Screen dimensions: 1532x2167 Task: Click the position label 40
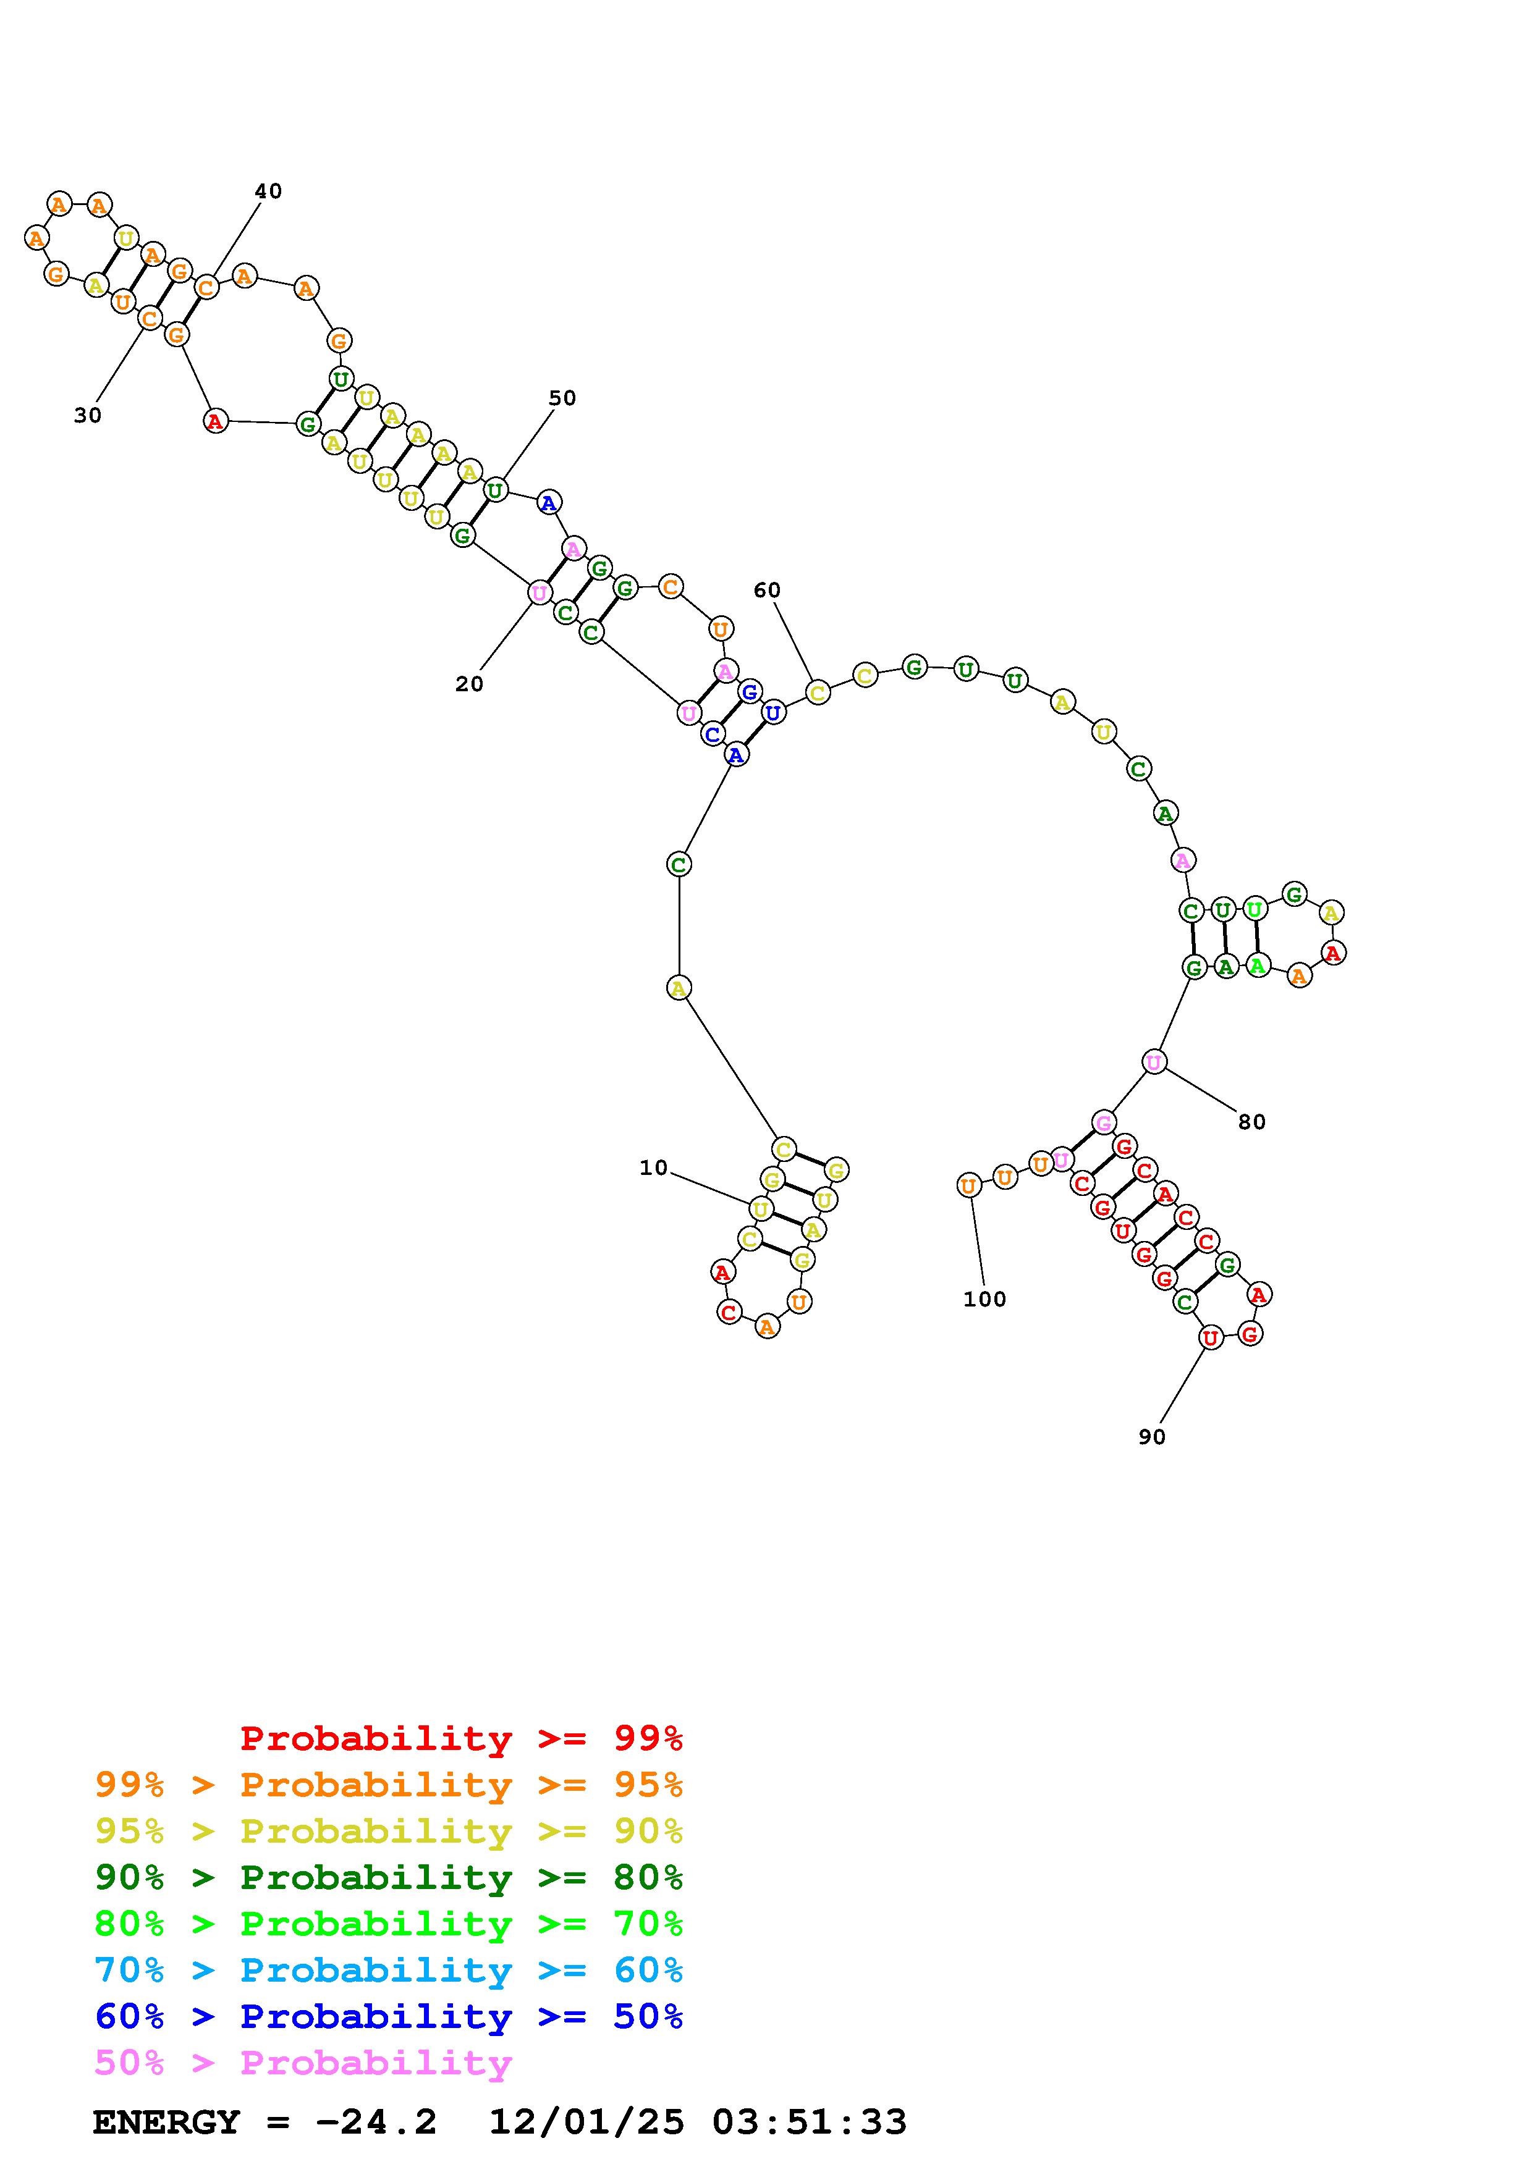coord(268,191)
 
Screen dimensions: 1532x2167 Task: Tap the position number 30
coord(88,415)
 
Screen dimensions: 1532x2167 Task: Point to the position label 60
coord(766,591)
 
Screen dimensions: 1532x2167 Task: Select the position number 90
coord(1151,1436)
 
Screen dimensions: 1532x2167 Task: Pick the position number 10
coord(653,1169)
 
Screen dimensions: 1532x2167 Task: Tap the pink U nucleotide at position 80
coord(1154,1062)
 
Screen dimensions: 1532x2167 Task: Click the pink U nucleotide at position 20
coord(539,593)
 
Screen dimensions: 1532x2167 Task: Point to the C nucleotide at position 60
coord(818,692)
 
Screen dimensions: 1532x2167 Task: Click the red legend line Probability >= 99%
coord(462,1738)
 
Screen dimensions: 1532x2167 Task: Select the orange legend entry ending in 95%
coord(389,1785)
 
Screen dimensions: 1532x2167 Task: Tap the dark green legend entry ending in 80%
coord(389,1877)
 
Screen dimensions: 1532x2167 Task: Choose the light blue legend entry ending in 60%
coord(389,1970)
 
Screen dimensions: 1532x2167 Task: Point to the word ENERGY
coord(166,2123)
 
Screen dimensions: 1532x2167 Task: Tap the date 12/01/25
coord(585,2123)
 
